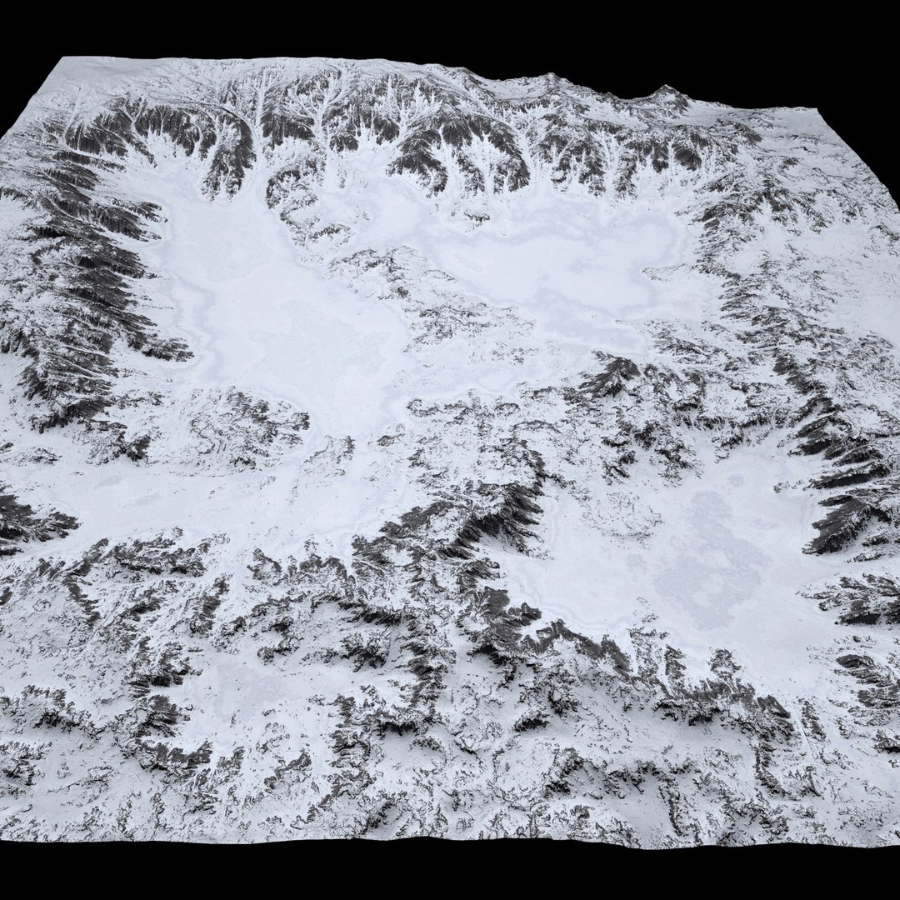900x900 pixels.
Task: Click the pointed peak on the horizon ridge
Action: coord(666,87)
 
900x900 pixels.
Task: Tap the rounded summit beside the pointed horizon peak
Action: coord(550,77)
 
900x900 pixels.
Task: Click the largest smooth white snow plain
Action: coord(275,333)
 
